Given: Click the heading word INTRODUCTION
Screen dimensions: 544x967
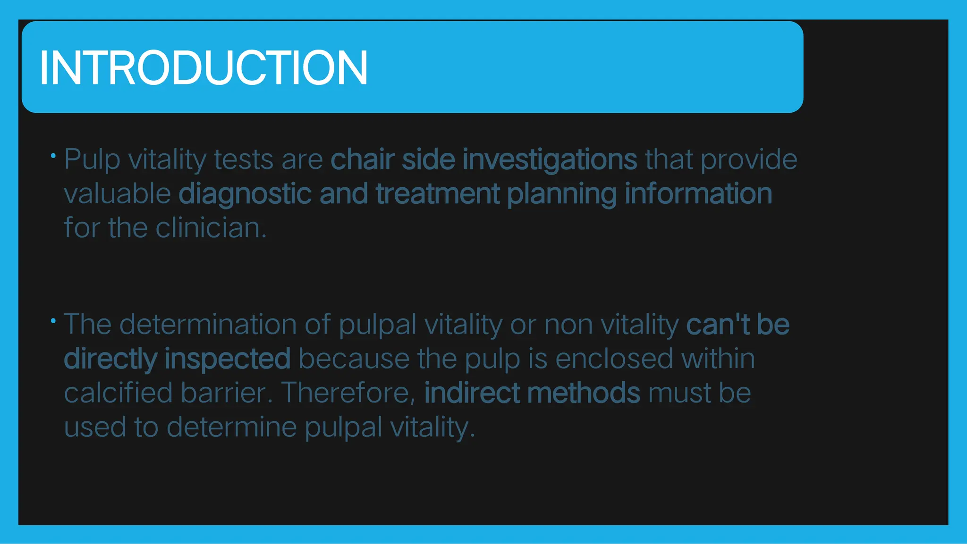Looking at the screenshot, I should (204, 68).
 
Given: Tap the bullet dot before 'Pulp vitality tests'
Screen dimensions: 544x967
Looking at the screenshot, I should (53, 155).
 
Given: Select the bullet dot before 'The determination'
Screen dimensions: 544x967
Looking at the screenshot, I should (53, 321).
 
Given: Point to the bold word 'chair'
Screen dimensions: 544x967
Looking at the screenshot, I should (362, 159).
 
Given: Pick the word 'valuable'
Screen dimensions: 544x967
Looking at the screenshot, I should (117, 194).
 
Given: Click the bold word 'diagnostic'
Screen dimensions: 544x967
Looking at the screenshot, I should (245, 194).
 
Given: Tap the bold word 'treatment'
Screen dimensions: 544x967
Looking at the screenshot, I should (437, 194).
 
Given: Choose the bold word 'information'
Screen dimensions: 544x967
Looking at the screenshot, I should (698, 194).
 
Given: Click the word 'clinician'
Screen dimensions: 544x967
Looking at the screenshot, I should (211, 228).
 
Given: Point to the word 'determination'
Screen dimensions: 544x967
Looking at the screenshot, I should (208, 325).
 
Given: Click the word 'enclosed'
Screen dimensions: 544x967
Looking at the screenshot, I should (614, 359).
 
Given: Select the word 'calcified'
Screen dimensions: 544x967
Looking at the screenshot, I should (118, 393).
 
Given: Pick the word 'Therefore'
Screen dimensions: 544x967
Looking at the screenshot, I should (348, 393).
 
